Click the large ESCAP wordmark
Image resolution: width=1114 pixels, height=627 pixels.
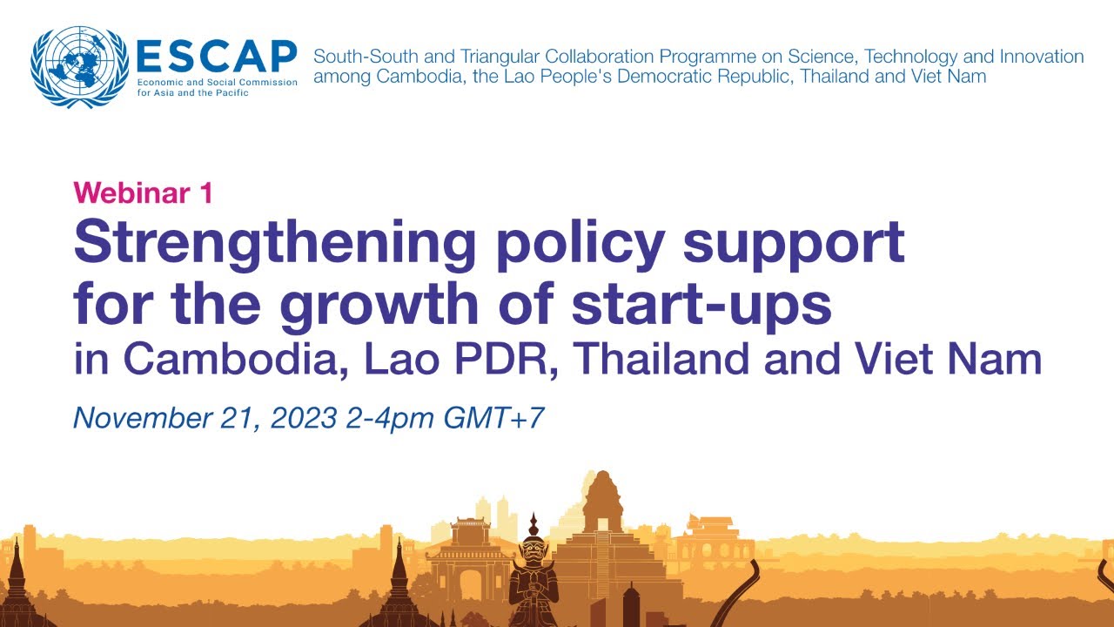click(216, 57)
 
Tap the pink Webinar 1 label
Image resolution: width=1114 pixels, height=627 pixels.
click(143, 193)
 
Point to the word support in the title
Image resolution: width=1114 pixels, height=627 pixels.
click(794, 244)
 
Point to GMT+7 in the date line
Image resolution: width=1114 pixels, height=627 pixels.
click(494, 418)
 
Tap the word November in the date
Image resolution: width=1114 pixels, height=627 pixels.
click(138, 418)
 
